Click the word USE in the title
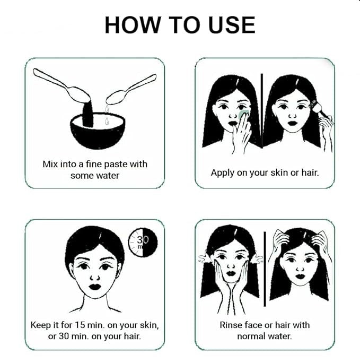(x=232, y=25)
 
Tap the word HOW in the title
(x=133, y=25)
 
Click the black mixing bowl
(x=98, y=131)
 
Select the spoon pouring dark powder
(x=62, y=85)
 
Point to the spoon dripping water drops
(x=131, y=90)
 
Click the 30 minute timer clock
(x=143, y=243)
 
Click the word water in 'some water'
(x=107, y=176)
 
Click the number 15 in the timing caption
(x=80, y=325)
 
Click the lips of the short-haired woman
(x=95, y=287)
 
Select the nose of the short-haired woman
(x=95, y=277)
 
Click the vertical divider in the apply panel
(x=262, y=111)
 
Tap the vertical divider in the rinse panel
(x=265, y=269)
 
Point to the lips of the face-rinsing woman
(x=231, y=273)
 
